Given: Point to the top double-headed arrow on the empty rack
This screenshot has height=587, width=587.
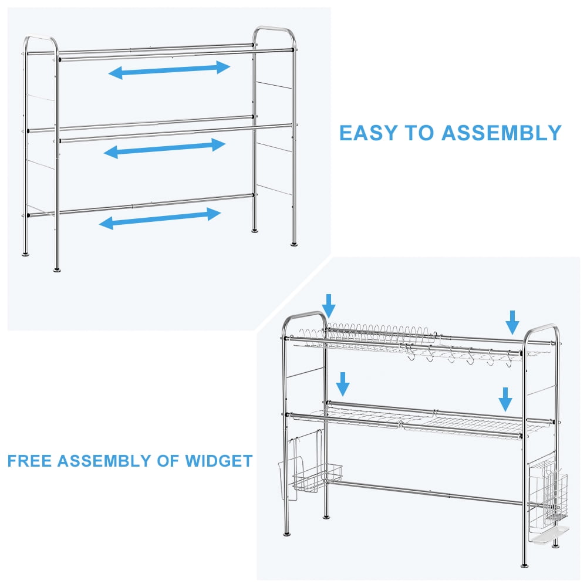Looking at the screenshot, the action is (169, 70).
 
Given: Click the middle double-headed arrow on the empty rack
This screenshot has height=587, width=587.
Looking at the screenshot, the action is (165, 149).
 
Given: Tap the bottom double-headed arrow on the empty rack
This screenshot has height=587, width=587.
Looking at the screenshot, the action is (160, 218).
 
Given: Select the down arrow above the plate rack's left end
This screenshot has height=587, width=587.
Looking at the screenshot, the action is (329, 306).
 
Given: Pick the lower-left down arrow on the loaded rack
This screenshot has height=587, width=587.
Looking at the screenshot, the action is (343, 384).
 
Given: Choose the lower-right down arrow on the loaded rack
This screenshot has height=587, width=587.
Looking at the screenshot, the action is (505, 399).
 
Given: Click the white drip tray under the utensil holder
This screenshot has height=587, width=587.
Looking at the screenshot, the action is (549, 535).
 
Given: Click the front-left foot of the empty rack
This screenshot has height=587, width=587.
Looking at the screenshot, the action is (57, 269).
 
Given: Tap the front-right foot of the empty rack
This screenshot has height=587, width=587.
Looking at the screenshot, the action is (294, 244).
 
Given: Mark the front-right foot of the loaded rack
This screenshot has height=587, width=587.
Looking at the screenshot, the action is (525, 565).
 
